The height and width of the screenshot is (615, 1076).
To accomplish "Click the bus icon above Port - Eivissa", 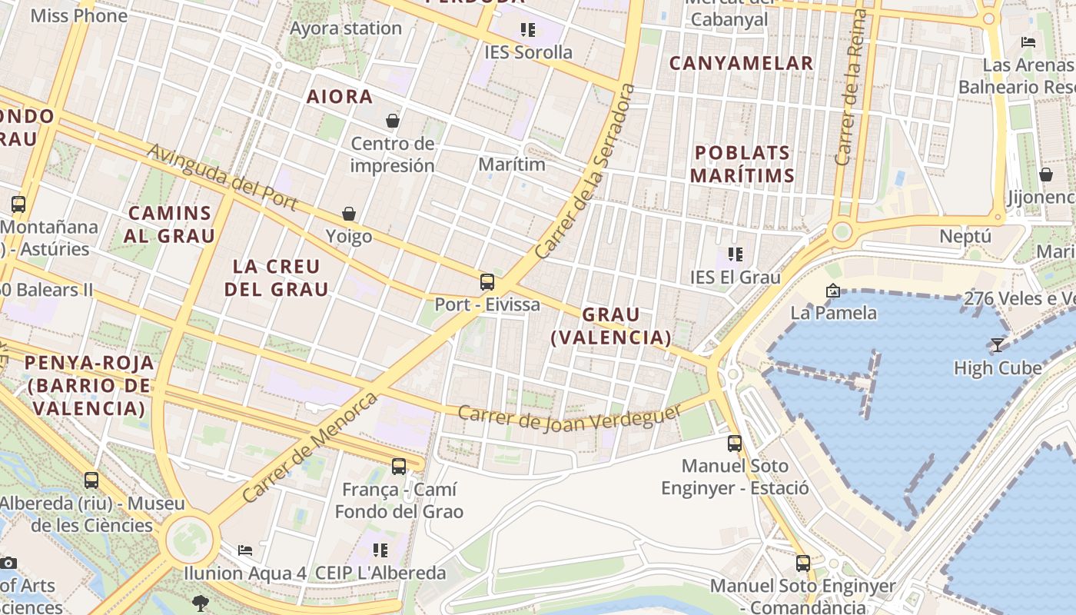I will tap(487, 282).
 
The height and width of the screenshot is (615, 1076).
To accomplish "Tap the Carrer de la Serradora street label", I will tap(586, 171).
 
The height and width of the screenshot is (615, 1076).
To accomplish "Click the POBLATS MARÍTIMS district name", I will tap(742, 164).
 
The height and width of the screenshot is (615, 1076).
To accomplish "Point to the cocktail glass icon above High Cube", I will tap(997, 345).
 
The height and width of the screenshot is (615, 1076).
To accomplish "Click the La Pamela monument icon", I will tap(832, 291).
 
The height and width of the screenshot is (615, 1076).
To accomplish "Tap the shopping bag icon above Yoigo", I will tap(349, 214).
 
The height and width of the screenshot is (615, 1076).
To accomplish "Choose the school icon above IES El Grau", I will tap(735, 254).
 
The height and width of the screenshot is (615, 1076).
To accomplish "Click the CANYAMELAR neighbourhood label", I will tap(741, 64).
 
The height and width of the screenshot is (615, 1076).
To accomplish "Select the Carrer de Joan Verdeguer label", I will tap(570, 417).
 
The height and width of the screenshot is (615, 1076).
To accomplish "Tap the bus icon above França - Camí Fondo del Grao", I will tap(398, 467).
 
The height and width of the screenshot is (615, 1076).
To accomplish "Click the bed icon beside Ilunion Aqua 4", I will tap(245, 550).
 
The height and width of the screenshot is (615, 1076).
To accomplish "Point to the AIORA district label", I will tap(340, 97).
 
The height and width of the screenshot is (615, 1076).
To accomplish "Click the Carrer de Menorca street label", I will tap(310, 447).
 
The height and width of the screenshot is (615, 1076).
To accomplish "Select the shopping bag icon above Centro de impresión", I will tap(393, 121).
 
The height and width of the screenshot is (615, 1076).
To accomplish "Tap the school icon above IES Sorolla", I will tap(527, 30).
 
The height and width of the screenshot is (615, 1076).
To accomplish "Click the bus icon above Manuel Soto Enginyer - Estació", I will tap(735, 444).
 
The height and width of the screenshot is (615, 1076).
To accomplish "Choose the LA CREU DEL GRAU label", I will tap(276, 278).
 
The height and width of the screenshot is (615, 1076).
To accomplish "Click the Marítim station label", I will tap(511, 165).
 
